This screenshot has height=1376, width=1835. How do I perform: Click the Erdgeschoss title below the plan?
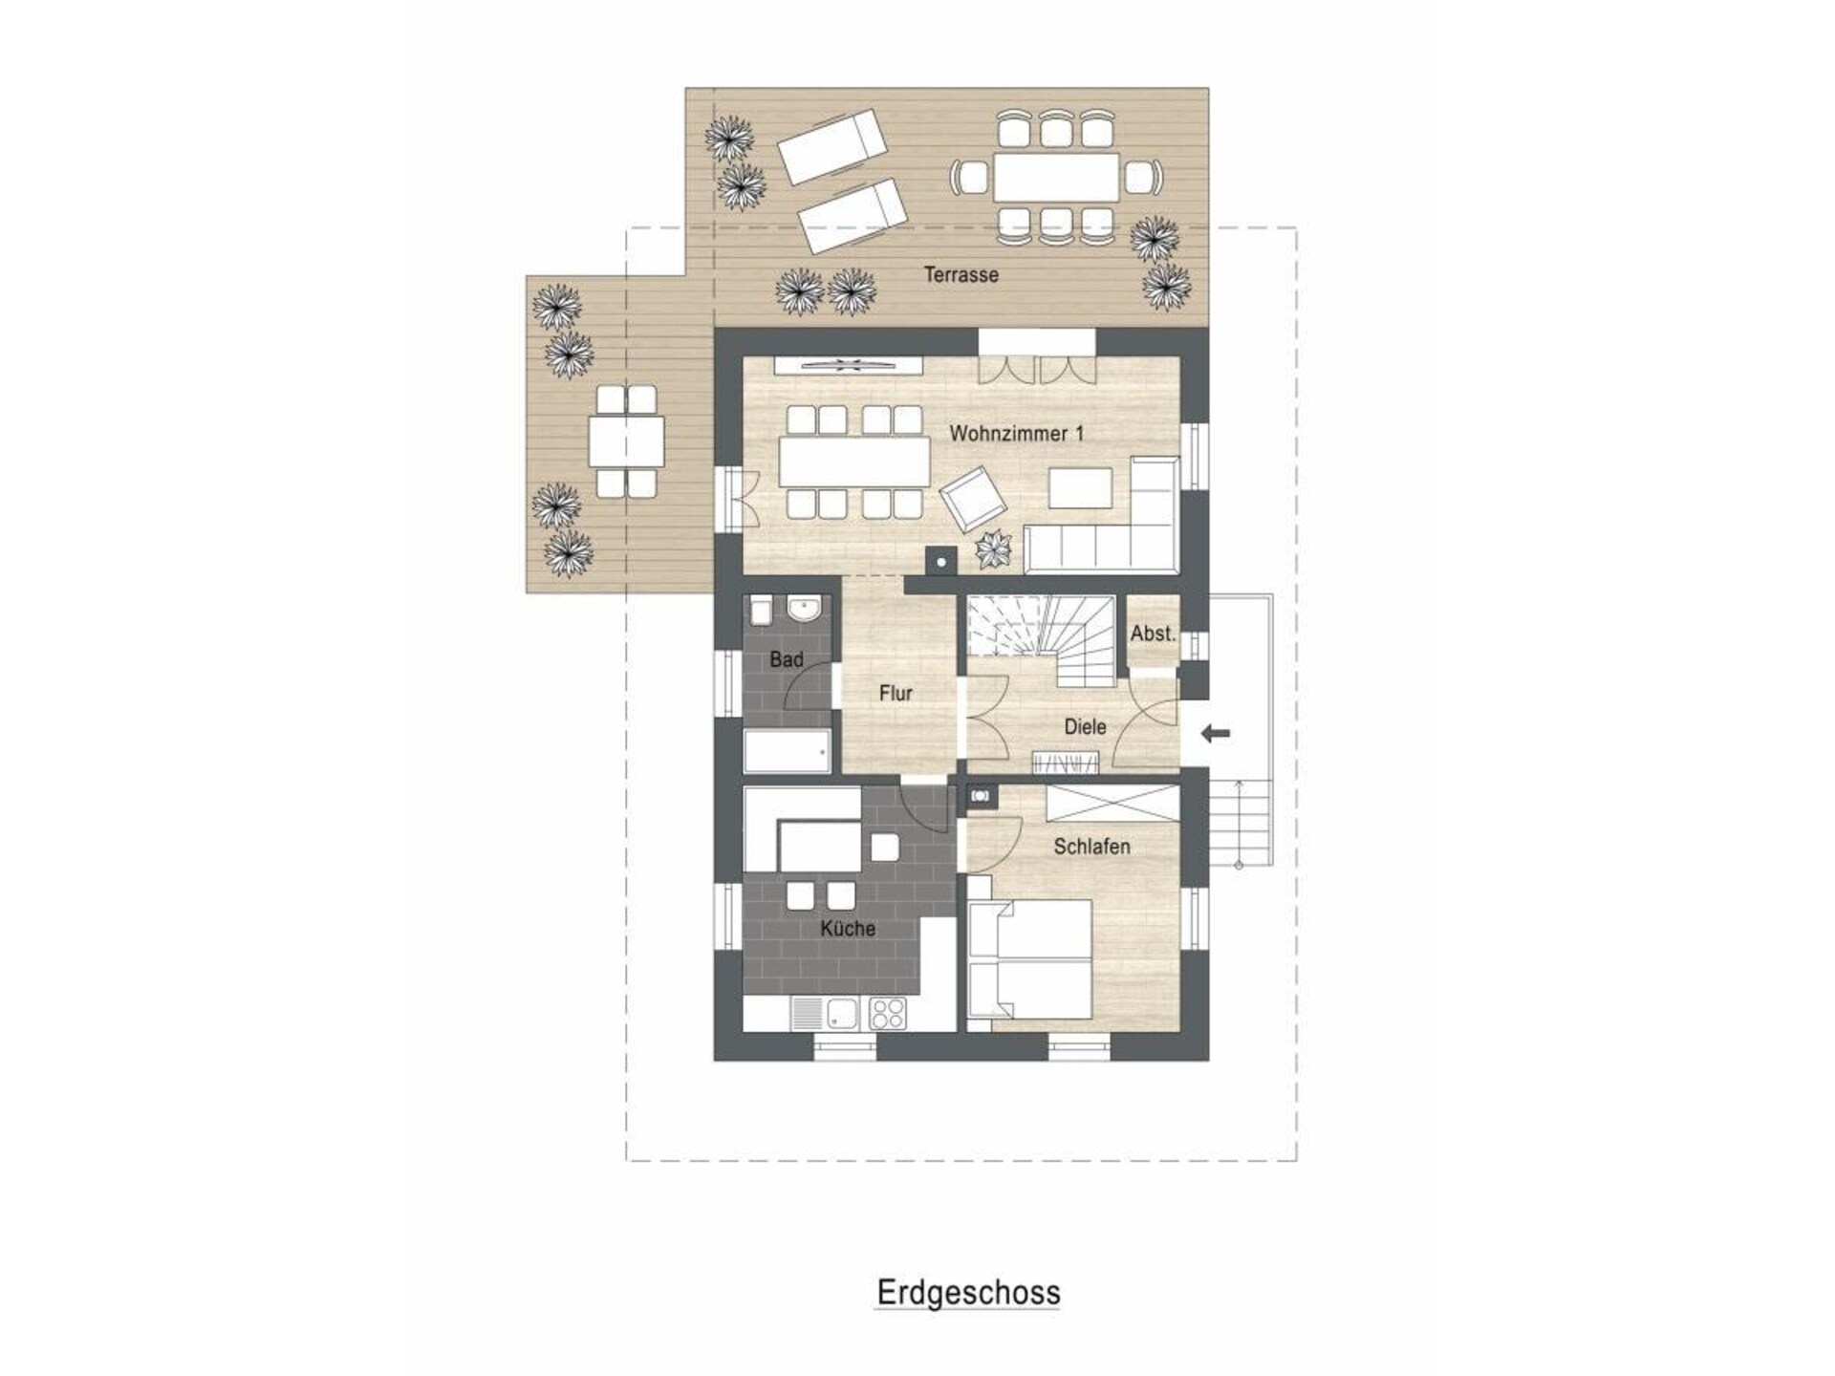click(968, 1293)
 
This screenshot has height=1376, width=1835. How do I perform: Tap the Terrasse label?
click(961, 274)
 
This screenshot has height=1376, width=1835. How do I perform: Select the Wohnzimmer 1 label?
click(1017, 434)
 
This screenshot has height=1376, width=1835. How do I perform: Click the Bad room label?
click(787, 659)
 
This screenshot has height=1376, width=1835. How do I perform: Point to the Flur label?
click(896, 694)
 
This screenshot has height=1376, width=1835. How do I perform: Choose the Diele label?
click(1085, 726)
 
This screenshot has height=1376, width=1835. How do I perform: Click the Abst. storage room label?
click(1153, 634)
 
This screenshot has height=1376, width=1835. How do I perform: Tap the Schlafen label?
click(1091, 847)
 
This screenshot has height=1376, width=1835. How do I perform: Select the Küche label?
click(848, 929)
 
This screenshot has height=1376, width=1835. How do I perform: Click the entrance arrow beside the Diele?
click(1215, 734)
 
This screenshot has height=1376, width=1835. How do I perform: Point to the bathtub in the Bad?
click(787, 751)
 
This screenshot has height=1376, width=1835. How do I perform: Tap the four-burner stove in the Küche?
click(887, 1013)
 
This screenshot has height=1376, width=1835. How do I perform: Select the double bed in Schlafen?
click(1030, 958)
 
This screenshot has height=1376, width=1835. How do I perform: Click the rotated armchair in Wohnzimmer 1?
click(974, 498)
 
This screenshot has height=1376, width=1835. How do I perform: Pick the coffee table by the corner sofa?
click(1080, 488)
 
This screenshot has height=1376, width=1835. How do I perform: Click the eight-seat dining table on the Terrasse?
click(1056, 177)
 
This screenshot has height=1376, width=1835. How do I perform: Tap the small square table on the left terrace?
click(626, 441)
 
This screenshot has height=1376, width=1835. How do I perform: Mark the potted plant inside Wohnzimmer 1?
click(993, 548)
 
